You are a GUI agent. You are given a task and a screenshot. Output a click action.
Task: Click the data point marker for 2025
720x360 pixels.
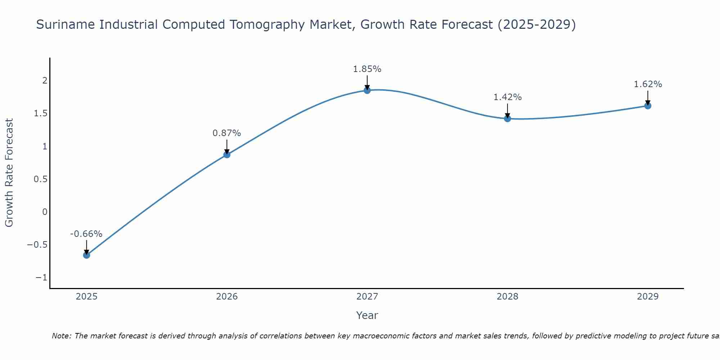tap(86, 255)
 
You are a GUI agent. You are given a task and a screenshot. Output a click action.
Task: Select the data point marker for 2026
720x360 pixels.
tap(227, 154)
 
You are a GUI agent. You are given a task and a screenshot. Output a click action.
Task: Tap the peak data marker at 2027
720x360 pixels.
tap(367, 90)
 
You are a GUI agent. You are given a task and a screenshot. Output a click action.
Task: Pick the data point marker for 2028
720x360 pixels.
tap(508, 118)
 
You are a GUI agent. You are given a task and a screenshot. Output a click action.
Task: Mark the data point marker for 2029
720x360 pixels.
tap(648, 105)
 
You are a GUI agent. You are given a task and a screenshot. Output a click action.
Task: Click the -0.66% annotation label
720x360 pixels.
tap(86, 234)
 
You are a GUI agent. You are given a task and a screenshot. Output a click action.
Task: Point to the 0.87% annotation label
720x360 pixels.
tap(226, 133)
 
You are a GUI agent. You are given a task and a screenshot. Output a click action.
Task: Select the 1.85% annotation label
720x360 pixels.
tap(367, 69)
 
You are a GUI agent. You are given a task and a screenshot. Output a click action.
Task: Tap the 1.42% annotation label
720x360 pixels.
tap(507, 97)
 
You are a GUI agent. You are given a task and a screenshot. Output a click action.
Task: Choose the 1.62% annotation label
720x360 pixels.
tap(648, 84)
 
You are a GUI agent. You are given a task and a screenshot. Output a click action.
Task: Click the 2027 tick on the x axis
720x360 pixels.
tap(367, 297)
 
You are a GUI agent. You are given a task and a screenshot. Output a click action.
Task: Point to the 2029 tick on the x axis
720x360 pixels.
tap(648, 297)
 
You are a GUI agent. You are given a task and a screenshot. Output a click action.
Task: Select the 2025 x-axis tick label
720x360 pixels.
tap(86, 297)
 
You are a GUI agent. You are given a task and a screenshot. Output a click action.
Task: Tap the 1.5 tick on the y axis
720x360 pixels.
tap(41, 113)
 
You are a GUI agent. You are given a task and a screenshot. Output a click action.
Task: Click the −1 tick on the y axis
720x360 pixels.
tap(41, 278)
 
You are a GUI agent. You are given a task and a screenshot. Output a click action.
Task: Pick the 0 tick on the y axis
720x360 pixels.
tap(45, 212)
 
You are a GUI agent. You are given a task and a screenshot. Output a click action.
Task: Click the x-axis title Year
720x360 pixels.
tap(367, 315)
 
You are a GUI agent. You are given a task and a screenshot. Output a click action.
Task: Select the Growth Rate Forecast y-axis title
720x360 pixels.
tap(9, 173)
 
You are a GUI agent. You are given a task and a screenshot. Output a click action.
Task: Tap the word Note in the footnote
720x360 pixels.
tap(61, 336)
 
